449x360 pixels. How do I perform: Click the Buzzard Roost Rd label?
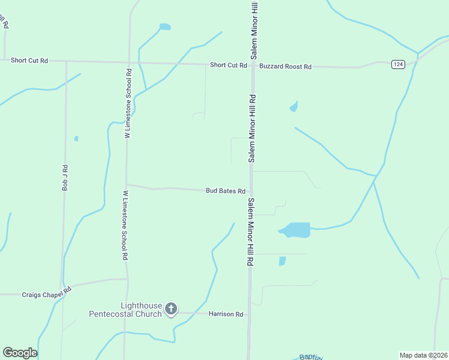pos(285,67)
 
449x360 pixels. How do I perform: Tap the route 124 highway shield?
pos(397,64)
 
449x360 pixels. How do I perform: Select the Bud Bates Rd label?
pos(225,191)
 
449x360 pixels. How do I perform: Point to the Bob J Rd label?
pos(65,178)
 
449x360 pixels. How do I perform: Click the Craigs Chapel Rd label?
pos(46,295)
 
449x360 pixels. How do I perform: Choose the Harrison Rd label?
pos(226,314)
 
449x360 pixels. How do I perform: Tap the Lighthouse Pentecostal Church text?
pos(125,310)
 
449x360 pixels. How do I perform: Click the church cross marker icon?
pos(171,309)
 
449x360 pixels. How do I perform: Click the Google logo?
pos(20,352)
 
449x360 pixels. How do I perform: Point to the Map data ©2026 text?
pos(423,355)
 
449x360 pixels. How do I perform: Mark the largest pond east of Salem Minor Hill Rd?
pos(296,230)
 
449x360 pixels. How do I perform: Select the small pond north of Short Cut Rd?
pos(164,27)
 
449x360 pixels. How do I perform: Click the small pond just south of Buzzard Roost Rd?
pos(294,107)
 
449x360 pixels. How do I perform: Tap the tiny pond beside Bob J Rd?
pos(76,139)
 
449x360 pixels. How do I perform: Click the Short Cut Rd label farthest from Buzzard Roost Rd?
pos(29,61)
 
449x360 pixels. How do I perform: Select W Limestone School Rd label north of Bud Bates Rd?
pos(128,104)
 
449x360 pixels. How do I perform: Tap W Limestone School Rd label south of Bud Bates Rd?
pos(125,225)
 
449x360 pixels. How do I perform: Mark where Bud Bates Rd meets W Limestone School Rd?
pos(126,185)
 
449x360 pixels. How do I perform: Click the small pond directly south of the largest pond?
pos(282,261)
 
